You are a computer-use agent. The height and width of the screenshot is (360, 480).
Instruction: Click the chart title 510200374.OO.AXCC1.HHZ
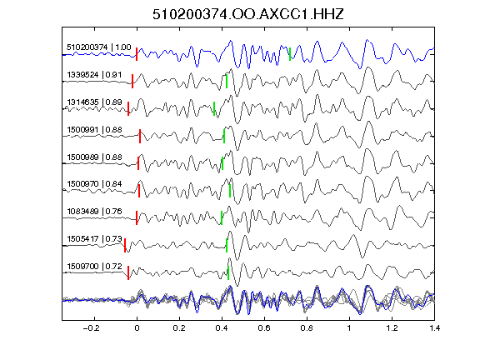(248, 14)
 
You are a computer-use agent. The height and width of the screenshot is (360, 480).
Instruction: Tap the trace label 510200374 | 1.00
(99, 47)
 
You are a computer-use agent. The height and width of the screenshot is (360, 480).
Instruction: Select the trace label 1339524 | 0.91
(94, 75)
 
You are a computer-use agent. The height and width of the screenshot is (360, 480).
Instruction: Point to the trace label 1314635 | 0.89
(94, 102)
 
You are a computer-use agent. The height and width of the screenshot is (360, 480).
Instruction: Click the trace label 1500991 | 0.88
(94, 130)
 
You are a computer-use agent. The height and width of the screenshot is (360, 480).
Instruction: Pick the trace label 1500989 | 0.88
(94, 157)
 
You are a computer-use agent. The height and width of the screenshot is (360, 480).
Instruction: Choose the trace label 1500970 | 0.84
(94, 184)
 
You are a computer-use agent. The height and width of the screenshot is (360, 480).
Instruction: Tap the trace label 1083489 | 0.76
(94, 212)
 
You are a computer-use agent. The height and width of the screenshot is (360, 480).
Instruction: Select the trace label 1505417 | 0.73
(94, 239)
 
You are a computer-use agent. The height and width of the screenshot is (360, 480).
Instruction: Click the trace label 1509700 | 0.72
(94, 267)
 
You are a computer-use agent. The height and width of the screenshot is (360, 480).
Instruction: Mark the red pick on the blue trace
(137, 54)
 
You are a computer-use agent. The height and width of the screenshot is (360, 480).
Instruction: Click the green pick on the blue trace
(290, 54)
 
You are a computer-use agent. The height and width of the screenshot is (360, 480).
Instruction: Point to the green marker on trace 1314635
(214, 108)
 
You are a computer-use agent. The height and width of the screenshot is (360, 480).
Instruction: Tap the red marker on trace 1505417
(125, 246)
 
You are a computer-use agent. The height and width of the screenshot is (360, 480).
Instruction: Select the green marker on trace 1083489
(222, 218)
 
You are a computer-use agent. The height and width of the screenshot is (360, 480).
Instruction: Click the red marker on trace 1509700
(128, 272)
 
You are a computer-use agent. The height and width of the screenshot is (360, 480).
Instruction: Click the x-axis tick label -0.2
(92, 328)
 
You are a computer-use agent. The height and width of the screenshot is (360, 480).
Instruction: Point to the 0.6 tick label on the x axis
(264, 328)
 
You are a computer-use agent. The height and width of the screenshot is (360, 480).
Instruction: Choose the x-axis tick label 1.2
(392, 328)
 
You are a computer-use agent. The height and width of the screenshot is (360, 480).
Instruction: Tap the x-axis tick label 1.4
(435, 328)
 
